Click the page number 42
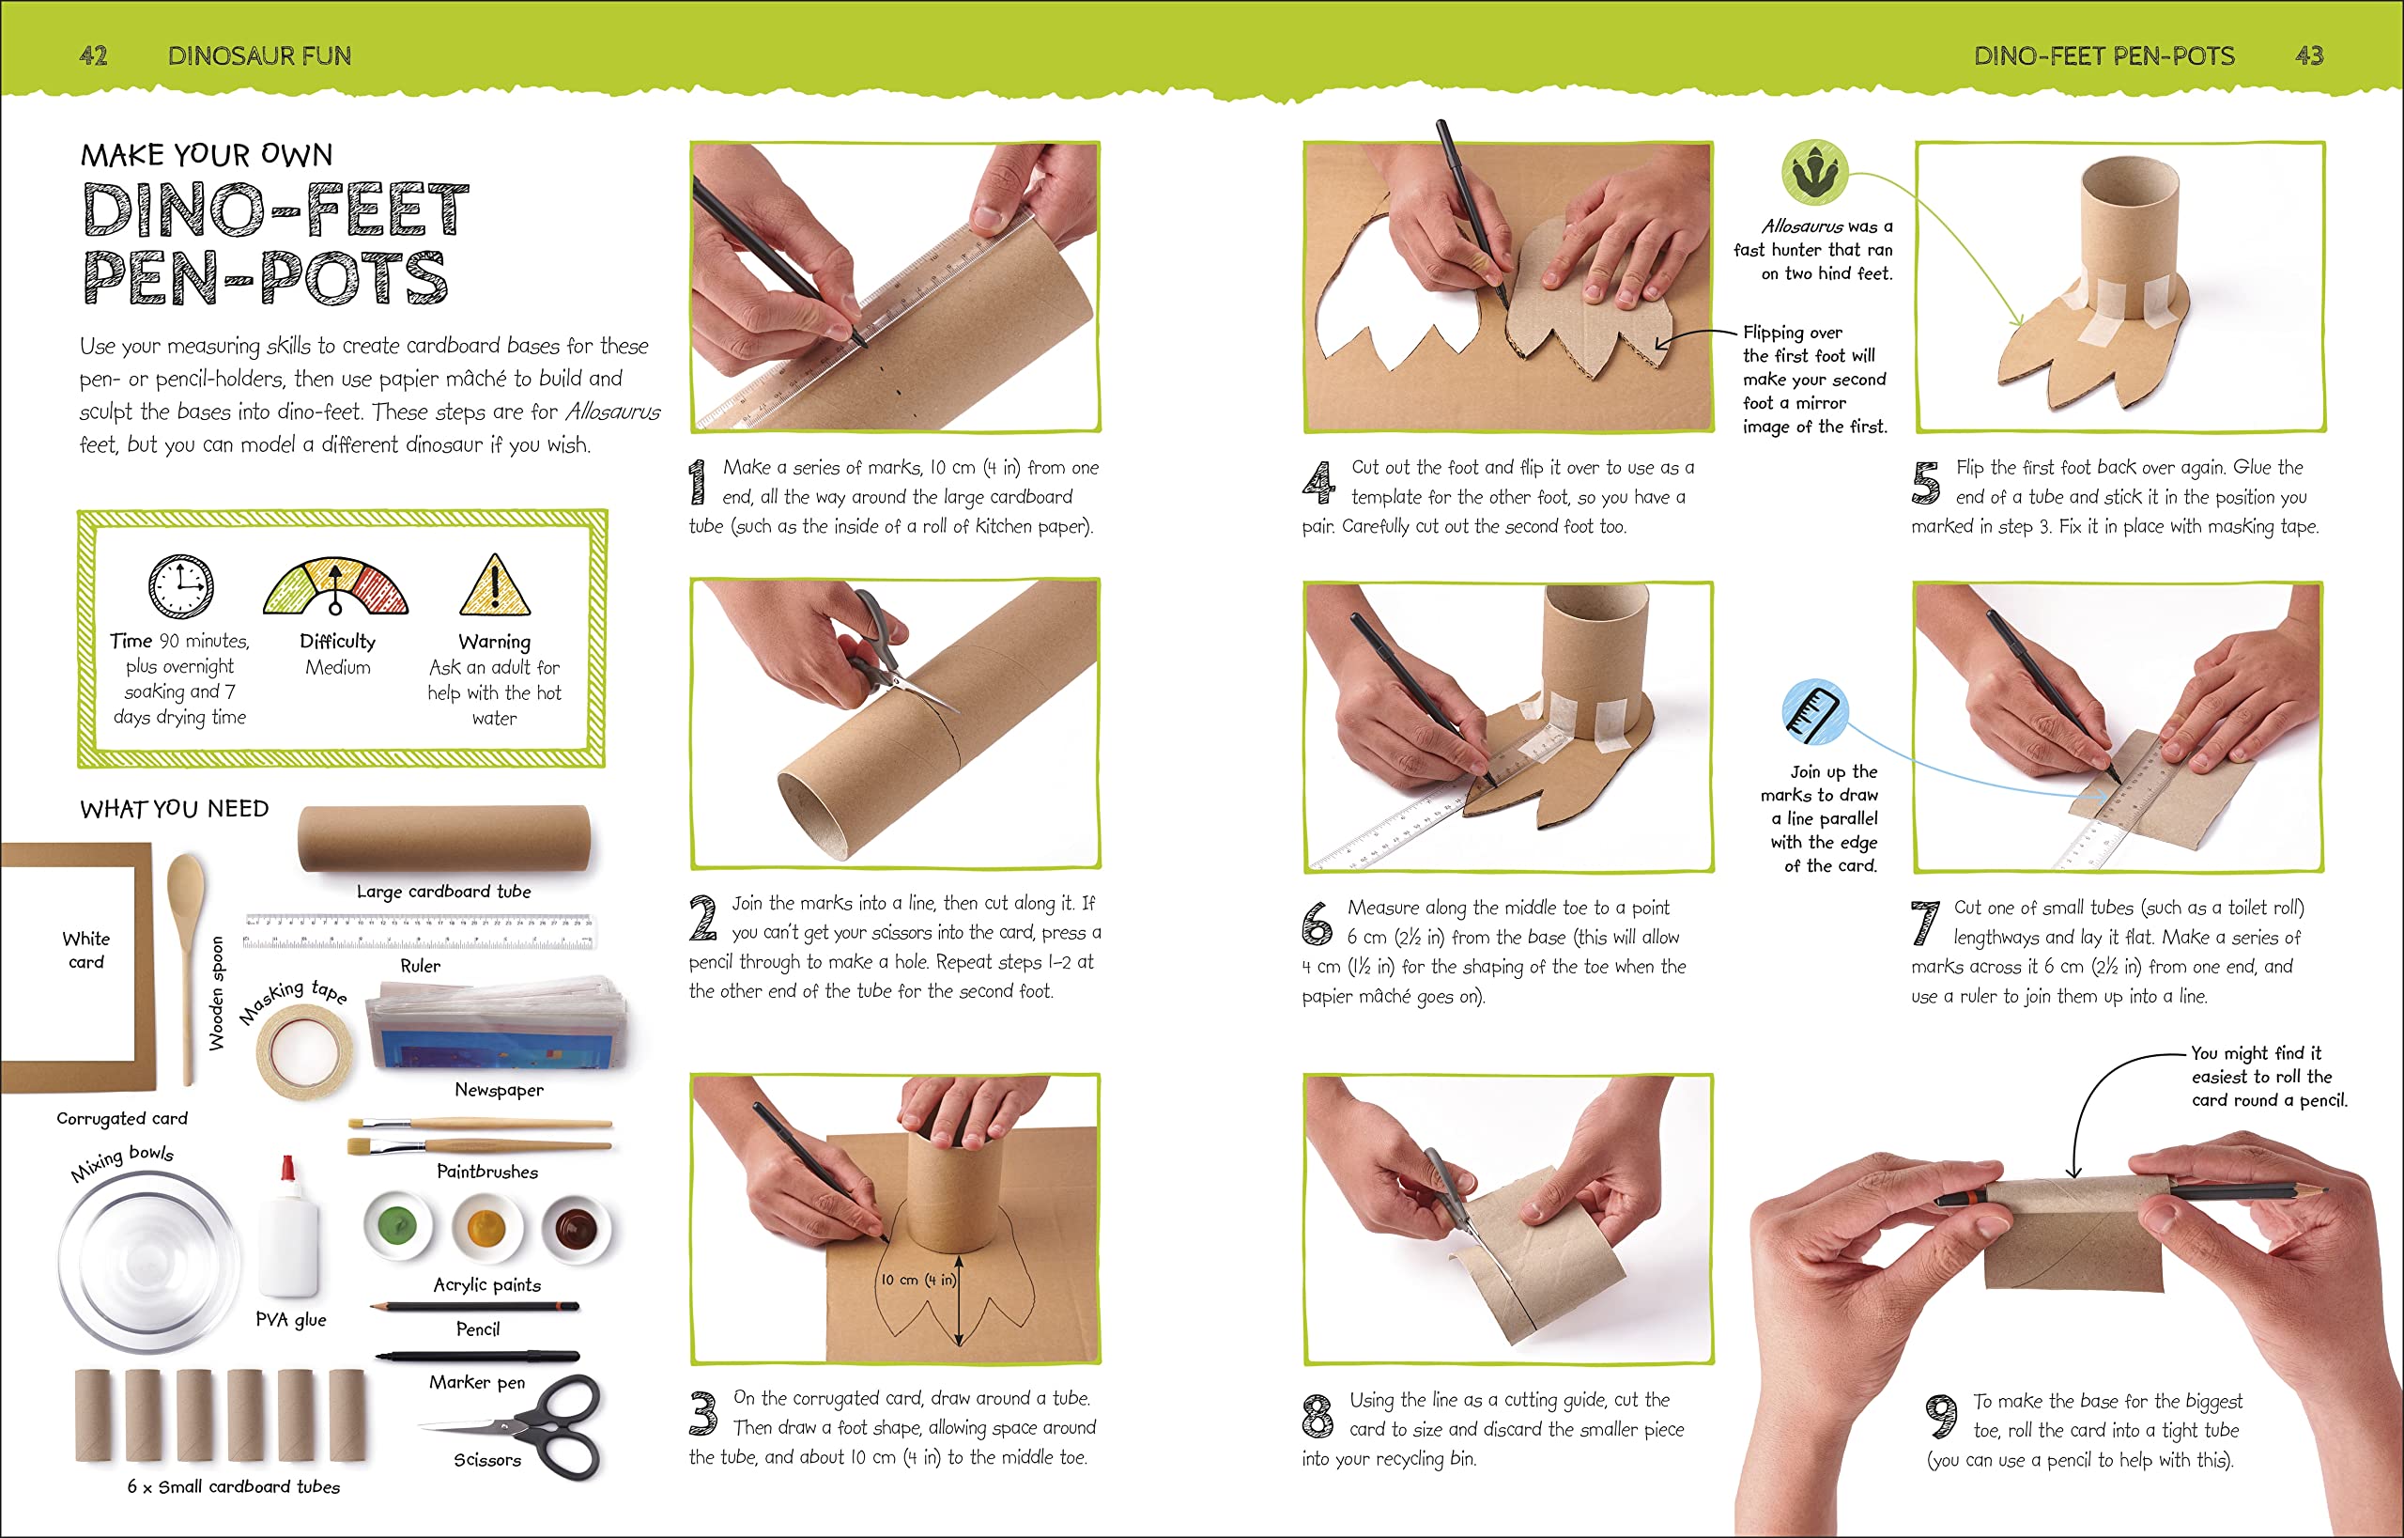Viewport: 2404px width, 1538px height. tap(93, 56)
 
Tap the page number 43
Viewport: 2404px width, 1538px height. tap(2309, 56)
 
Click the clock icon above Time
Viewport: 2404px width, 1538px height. tap(180, 586)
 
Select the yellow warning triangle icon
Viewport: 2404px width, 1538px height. tap(494, 585)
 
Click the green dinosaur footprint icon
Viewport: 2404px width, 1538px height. tap(1815, 173)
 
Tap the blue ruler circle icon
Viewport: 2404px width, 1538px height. tap(1815, 711)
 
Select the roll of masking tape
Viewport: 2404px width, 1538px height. tap(304, 1049)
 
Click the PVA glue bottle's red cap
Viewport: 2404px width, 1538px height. tap(288, 1168)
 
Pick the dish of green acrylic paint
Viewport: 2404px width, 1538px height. tap(398, 1225)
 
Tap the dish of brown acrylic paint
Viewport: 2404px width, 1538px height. tap(576, 1227)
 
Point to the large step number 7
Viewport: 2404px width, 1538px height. tap(1924, 922)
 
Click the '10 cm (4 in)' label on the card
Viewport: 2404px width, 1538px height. tap(917, 1281)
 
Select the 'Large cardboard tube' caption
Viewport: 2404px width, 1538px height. tap(443, 891)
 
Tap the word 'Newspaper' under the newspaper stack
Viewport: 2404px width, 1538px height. tap(500, 1090)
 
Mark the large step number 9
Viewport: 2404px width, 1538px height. tap(1941, 1417)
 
